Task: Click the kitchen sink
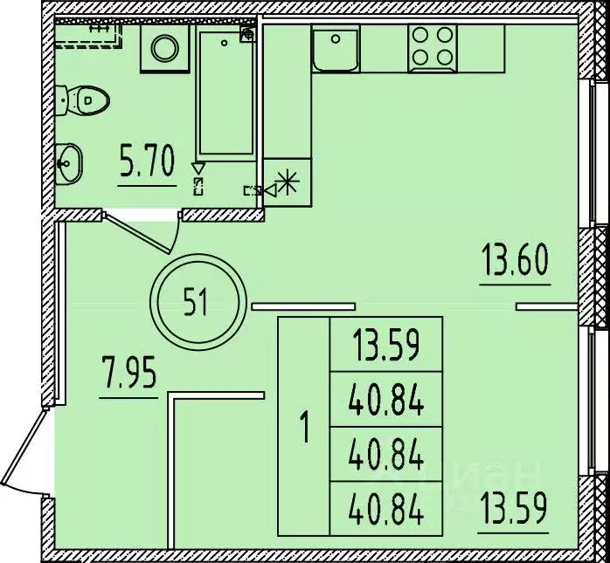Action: click(336, 49)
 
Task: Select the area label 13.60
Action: click(515, 260)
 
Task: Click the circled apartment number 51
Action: click(195, 304)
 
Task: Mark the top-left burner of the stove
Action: click(419, 36)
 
